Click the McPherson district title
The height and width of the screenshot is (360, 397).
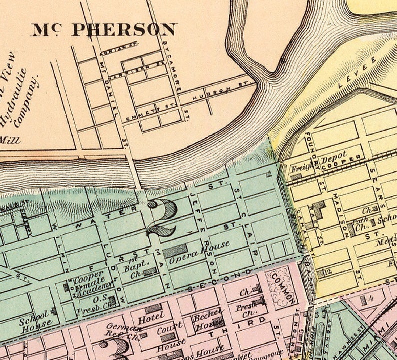point(104,29)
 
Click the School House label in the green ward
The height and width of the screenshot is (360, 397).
point(35,318)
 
